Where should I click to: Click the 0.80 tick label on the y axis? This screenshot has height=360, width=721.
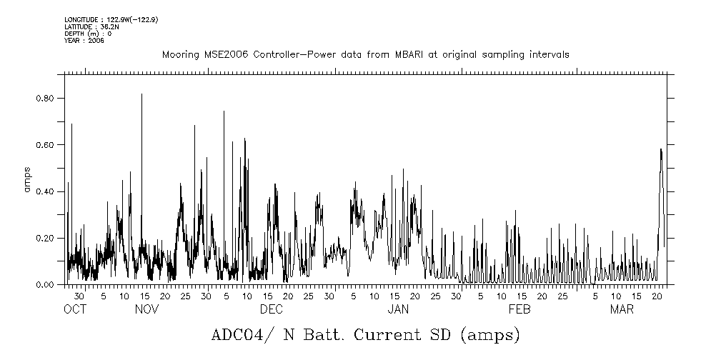46,98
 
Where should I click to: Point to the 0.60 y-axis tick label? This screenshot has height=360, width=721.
46,145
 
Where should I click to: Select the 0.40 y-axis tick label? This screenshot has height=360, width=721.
46,191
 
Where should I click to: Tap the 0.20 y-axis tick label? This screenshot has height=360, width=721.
46,238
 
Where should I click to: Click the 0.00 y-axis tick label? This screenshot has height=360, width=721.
46,285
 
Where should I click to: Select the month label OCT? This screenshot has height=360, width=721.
74,309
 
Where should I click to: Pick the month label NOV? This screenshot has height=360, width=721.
146,309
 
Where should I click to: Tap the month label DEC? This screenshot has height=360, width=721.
271,309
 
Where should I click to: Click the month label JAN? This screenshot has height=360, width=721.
398,309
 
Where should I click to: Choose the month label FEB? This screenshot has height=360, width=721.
519,309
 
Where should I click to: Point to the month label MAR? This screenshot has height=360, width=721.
622,309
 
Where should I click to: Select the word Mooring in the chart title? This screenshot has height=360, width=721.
179,55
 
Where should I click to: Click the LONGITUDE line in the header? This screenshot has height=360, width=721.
111,19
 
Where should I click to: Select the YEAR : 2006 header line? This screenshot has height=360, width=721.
84,41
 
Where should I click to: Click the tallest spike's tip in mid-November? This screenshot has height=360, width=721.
141,94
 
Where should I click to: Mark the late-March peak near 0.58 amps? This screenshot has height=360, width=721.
661,149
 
